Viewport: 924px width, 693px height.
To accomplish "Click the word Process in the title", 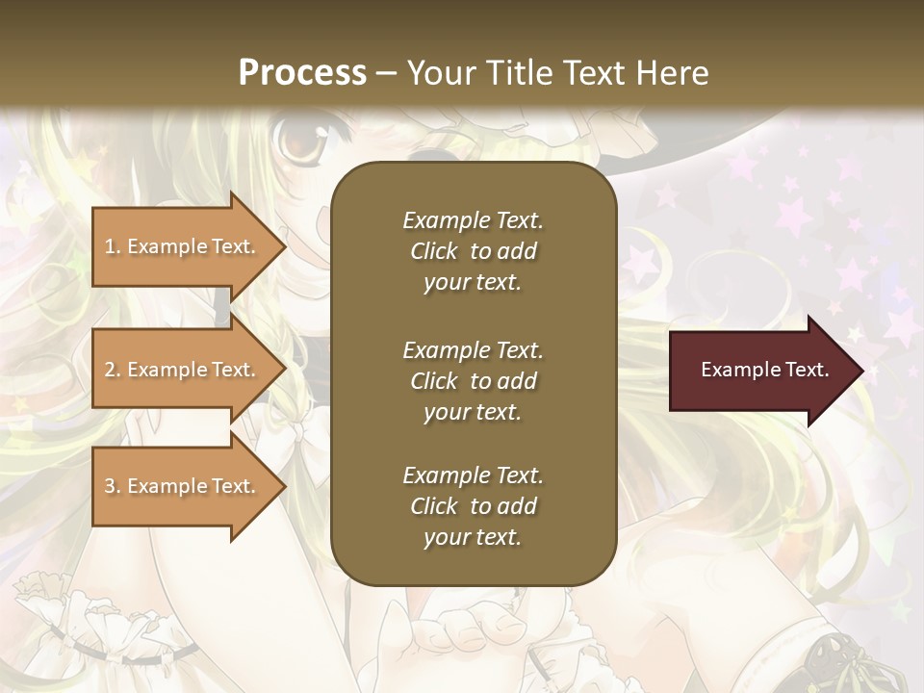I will tap(302, 73).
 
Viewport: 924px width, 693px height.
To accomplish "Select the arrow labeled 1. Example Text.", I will tap(183, 246).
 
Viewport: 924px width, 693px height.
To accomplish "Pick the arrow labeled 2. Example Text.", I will tap(183, 370).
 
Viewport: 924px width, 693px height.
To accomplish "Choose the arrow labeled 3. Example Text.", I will tap(183, 486).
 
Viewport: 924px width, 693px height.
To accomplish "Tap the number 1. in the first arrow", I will tap(113, 246).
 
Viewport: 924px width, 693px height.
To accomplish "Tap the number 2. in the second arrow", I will tap(113, 370).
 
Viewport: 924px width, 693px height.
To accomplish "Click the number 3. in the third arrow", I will tap(113, 486).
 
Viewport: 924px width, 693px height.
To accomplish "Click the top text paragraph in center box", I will tap(473, 251).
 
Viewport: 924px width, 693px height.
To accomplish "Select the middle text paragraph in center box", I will tap(473, 380).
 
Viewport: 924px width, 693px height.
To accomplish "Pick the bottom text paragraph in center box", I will tap(473, 506).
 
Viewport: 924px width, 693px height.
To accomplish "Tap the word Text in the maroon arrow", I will tap(807, 370).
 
